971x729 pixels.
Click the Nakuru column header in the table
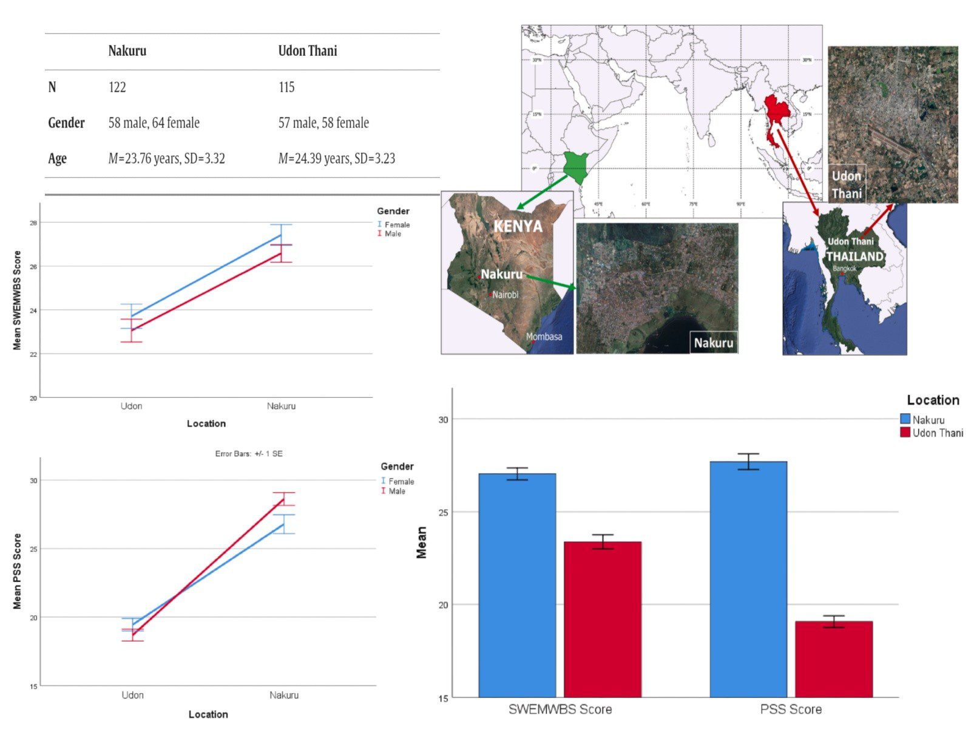[127, 51]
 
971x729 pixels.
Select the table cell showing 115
[286, 87]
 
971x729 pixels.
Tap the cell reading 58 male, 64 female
[154, 123]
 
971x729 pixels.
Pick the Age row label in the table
[58, 159]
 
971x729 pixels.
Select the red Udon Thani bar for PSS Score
[833, 659]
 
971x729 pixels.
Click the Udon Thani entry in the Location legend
[938, 433]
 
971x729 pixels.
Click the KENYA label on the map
[518, 227]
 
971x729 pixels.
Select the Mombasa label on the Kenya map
[544, 337]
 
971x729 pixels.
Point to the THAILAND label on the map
[854, 256]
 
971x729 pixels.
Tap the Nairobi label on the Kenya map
[505, 295]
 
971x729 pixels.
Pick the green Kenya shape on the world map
[575, 165]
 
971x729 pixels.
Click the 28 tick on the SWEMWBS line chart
[33, 223]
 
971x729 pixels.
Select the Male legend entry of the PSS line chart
[396, 491]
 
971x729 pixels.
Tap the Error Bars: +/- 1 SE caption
[249, 454]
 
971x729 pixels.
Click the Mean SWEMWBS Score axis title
[17, 300]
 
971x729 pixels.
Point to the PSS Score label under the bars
[791, 709]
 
